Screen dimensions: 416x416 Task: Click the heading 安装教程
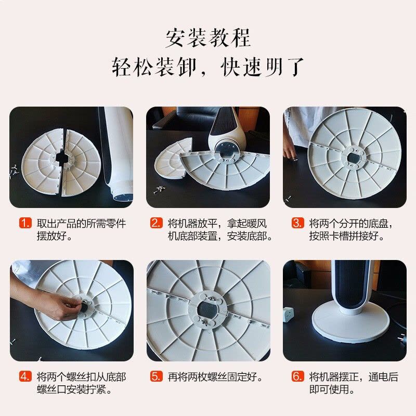208,37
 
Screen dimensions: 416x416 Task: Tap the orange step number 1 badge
26,224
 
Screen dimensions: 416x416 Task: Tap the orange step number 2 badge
157,224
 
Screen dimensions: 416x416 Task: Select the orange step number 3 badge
297,224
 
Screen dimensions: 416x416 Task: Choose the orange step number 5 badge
157,376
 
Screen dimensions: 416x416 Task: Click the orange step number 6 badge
297,376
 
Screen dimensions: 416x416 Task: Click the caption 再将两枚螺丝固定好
215,376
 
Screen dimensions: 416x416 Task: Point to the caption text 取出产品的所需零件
81,224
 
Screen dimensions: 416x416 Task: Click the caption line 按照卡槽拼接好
347,237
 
